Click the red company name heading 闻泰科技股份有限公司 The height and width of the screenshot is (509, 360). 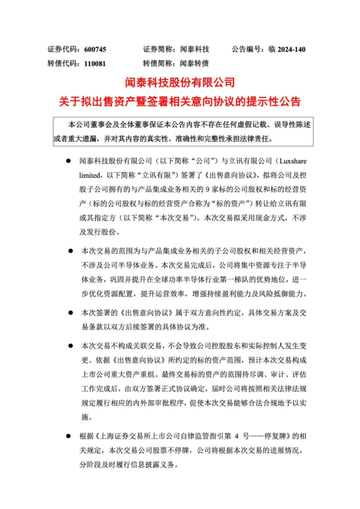tap(180, 82)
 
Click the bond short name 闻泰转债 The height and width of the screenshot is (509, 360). tap(195, 64)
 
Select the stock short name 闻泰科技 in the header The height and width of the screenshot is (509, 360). tap(195, 49)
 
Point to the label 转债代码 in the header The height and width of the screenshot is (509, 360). tap(61, 64)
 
